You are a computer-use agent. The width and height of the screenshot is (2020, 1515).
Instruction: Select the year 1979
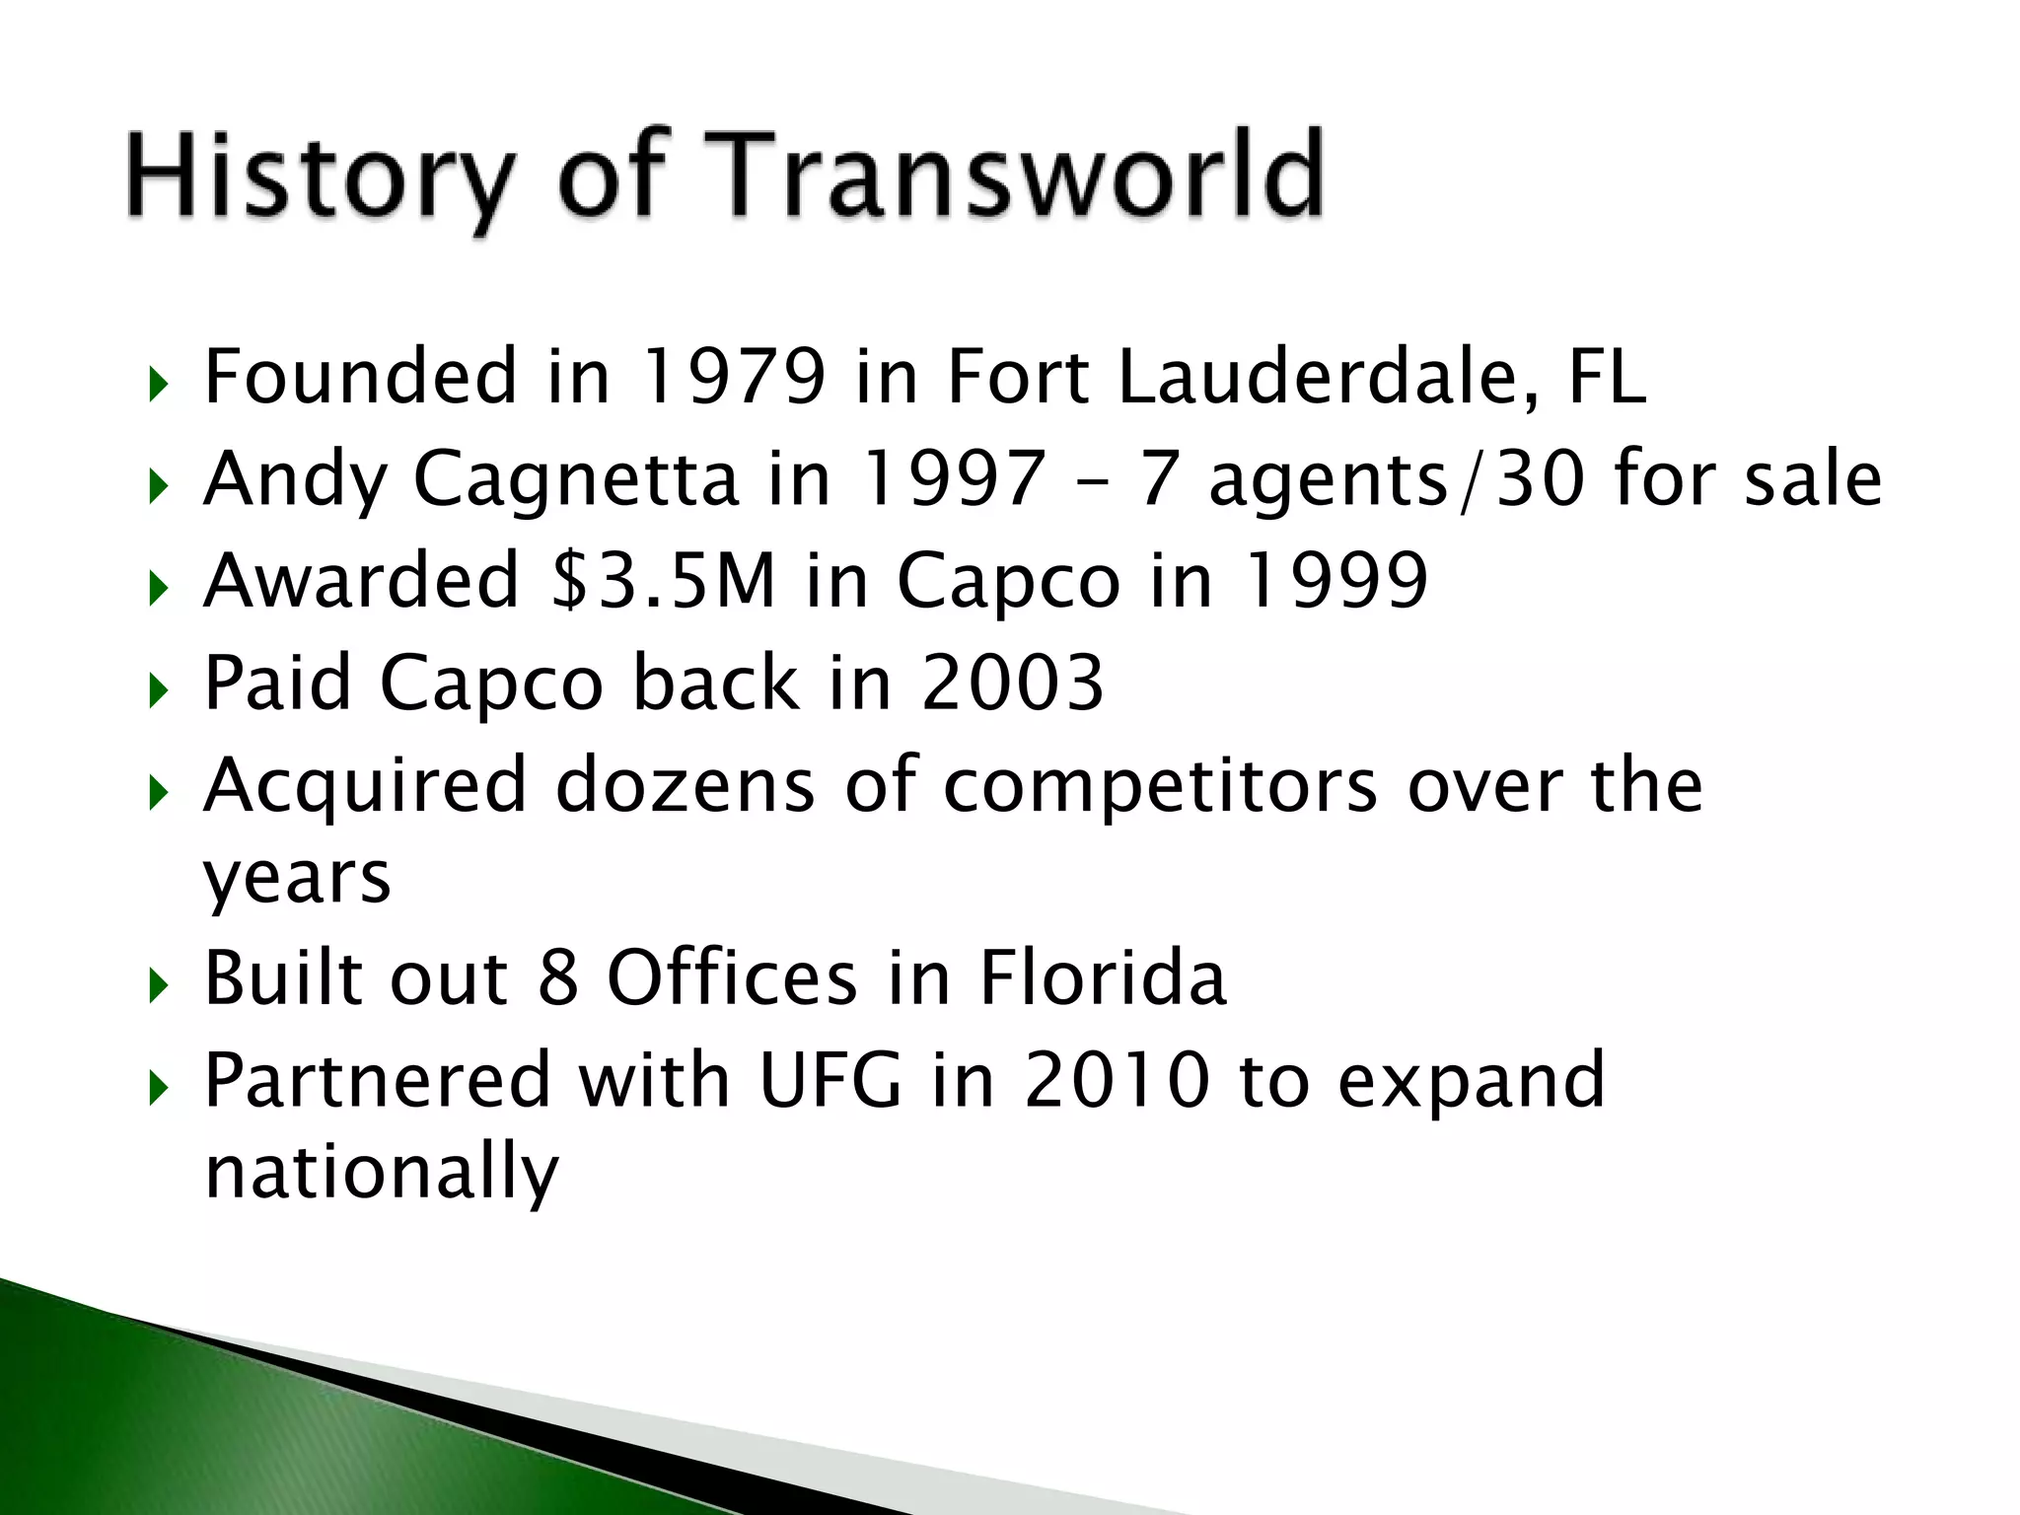(x=733, y=377)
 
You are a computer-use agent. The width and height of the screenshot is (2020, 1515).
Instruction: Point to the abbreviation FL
(x=1607, y=377)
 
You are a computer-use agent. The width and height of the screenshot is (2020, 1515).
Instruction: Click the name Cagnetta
(x=575, y=480)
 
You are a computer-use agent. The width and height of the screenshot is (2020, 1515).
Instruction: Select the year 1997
(x=953, y=479)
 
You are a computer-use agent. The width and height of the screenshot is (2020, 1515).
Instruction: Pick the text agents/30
(x=1397, y=480)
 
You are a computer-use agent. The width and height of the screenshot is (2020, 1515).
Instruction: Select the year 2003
(x=1012, y=683)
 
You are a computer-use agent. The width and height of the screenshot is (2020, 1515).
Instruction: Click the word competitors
(x=1160, y=787)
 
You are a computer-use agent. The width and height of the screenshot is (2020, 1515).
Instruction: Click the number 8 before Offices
(x=558, y=978)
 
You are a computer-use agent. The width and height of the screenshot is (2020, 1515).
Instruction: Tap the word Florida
(x=1103, y=978)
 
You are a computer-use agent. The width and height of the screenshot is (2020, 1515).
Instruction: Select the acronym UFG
(x=830, y=1081)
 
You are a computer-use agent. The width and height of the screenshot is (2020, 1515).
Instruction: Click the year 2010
(x=1117, y=1081)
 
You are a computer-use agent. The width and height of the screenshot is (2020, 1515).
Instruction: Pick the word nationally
(x=381, y=1173)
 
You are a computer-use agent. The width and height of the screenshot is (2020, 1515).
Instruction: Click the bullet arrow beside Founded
(x=158, y=385)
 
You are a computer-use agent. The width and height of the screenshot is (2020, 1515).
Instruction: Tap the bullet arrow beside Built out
(x=158, y=985)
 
